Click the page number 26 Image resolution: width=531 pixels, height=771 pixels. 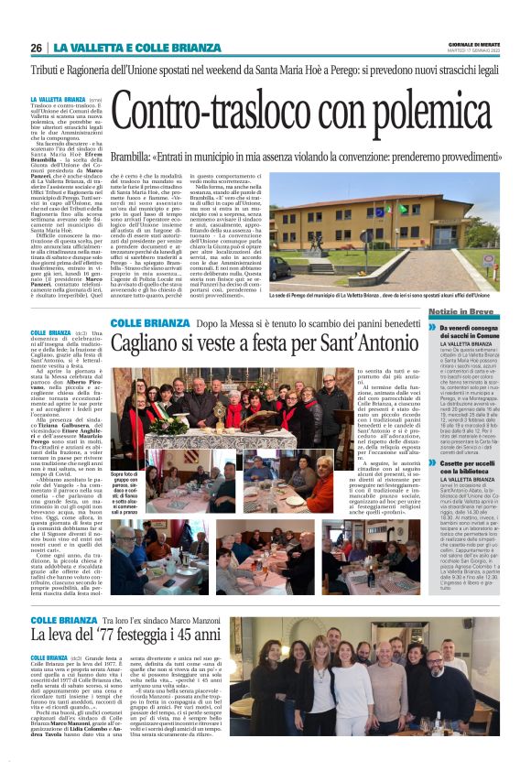36,48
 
